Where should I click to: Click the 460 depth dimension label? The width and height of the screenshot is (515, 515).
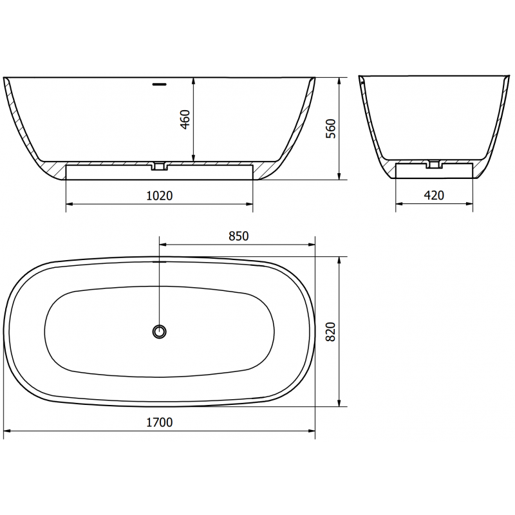tap(185, 120)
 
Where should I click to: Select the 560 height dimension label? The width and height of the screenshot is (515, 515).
tap(330, 129)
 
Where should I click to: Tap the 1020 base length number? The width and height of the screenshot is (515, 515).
tap(160, 196)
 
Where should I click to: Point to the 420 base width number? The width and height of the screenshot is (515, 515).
tap(435, 196)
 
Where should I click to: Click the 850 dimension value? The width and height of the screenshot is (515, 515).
tap(238, 236)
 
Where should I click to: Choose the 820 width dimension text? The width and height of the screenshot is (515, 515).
tap(330, 332)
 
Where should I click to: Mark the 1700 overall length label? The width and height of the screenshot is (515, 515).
tap(161, 422)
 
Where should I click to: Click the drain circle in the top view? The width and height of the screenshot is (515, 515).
tap(159, 331)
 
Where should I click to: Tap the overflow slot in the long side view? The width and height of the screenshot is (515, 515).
tap(159, 83)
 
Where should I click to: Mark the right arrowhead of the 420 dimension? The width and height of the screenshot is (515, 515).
tap(472, 204)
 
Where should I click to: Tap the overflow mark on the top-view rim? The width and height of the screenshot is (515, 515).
tap(159, 262)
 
